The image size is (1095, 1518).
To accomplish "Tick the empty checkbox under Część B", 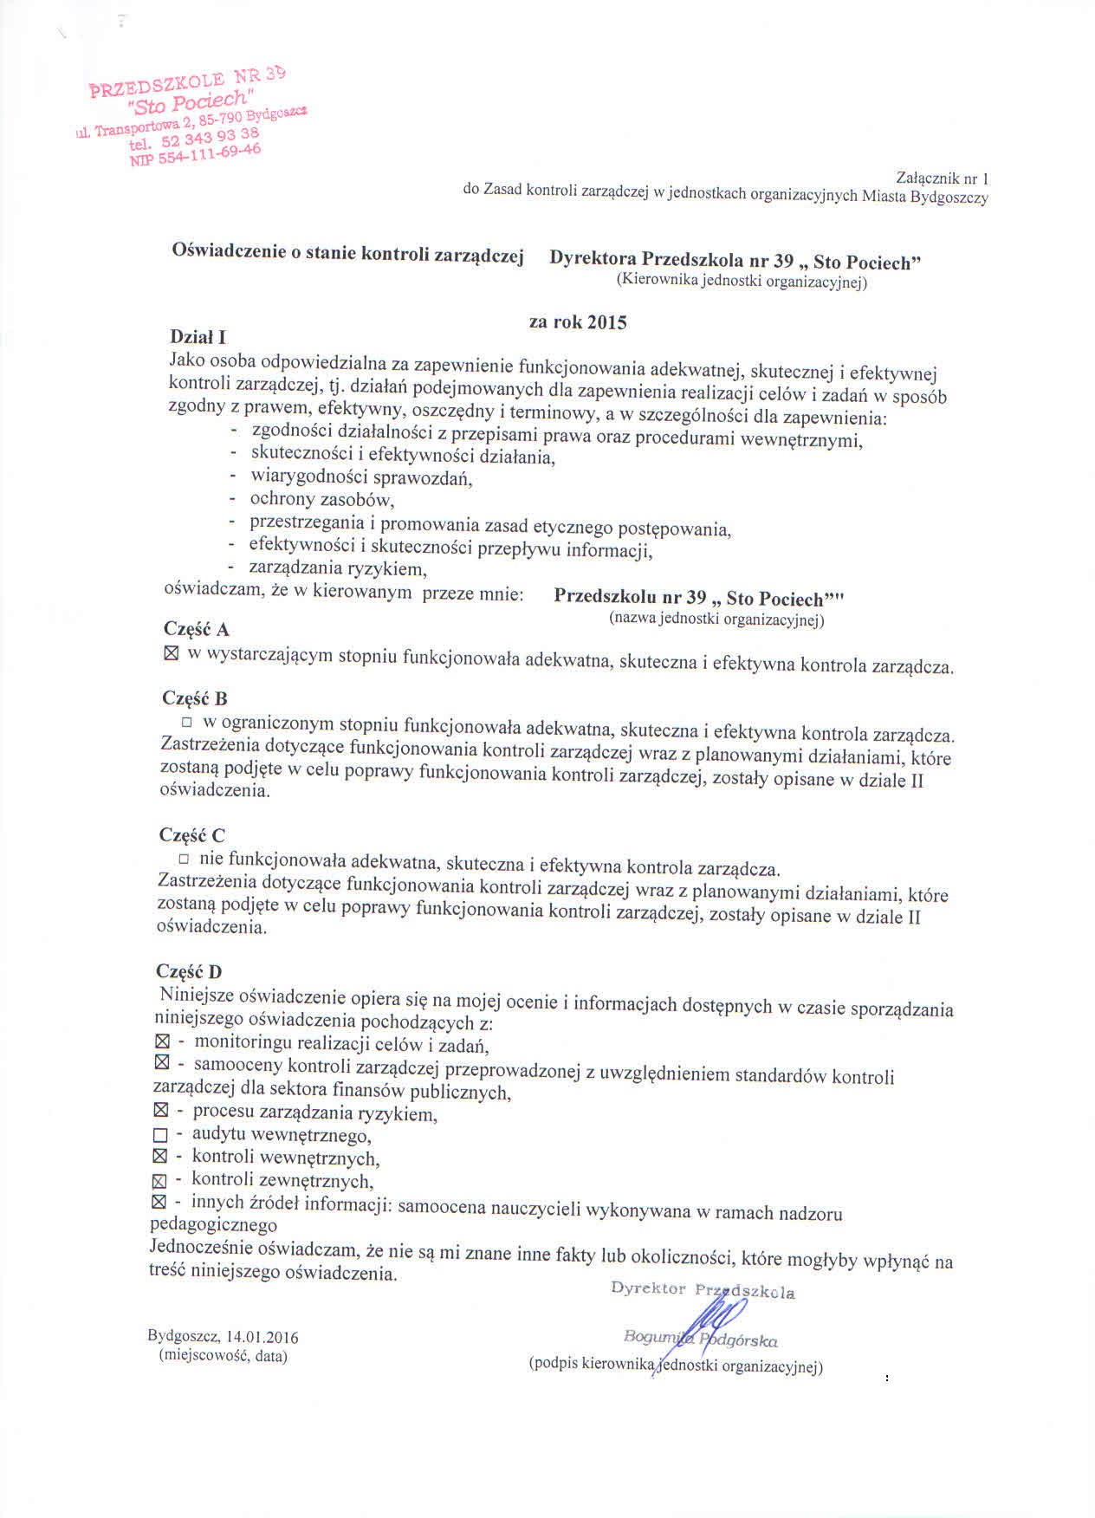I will (x=185, y=721).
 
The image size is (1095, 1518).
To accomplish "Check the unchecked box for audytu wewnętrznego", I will (x=159, y=1134).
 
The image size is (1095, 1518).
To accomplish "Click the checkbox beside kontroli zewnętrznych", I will (x=158, y=1180).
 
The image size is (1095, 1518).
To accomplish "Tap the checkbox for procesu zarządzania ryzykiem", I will (x=159, y=1110).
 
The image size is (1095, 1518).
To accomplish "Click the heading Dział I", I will (x=198, y=336).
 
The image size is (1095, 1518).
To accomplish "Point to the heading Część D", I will (x=189, y=971).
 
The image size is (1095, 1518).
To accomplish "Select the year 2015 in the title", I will (x=606, y=322).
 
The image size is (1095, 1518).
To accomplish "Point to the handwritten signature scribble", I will (x=716, y=1324).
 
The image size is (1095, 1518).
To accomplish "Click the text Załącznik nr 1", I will (x=943, y=178).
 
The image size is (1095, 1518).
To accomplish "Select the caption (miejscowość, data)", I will (x=223, y=1356).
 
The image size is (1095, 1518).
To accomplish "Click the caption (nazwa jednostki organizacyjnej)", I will (x=716, y=619).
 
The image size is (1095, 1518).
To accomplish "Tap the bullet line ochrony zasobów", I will (x=322, y=499).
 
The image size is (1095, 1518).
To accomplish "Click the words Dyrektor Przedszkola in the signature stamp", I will (x=703, y=1290).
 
